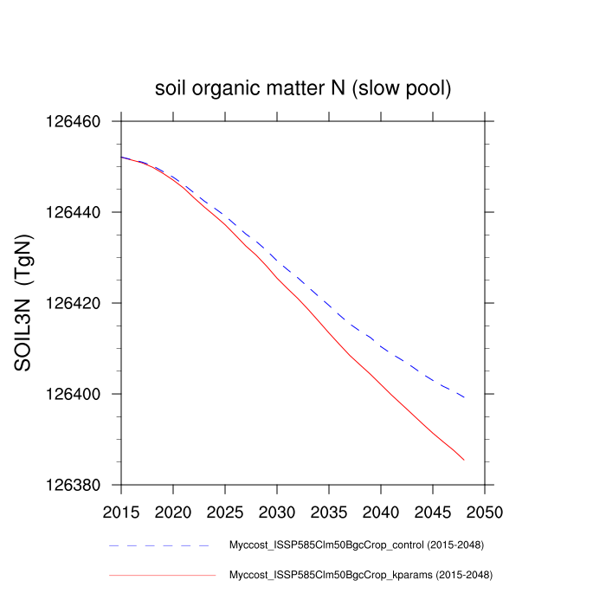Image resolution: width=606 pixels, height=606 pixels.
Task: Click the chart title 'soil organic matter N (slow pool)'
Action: tap(303, 88)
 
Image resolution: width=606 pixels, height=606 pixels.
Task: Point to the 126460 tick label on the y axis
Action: tap(74, 121)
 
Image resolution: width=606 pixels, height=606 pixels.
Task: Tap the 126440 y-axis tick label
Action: tap(74, 212)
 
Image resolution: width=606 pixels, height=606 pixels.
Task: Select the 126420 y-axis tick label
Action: tap(74, 303)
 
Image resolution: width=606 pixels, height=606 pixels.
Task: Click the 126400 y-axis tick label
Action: tap(74, 394)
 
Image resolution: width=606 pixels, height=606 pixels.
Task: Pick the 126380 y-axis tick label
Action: tap(74, 485)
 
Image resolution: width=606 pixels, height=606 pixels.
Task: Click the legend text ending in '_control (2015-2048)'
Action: tap(356, 546)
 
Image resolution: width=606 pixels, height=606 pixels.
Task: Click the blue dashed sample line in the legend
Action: tap(160, 546)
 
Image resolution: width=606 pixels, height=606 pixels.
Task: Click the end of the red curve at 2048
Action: tap(464, 460)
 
